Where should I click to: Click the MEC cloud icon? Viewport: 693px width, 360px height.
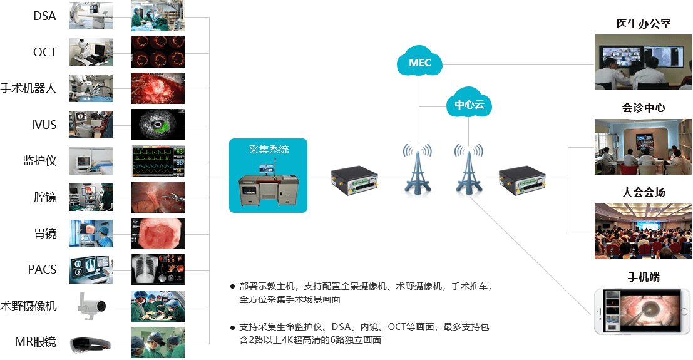[419, 63]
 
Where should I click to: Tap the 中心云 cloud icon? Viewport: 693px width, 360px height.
[469, 104]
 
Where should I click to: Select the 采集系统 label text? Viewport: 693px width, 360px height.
[269, 150]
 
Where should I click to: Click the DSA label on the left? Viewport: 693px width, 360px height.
[44, 16]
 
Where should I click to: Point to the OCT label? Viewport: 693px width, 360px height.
[44, 52]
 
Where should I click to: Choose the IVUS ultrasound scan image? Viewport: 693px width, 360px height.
[158, 125]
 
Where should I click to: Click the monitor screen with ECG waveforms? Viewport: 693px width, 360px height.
[158, 161]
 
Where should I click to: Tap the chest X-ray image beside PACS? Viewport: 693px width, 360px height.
[158, 270]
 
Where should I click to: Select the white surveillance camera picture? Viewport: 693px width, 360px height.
[91, 306]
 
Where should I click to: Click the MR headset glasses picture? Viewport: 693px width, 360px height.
[91, 344]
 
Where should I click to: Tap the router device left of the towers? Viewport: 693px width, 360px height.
[355, 180]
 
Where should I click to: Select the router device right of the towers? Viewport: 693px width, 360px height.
[523, 180]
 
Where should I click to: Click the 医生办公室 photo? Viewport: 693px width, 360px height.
[639, 63]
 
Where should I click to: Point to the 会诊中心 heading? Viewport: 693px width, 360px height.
[644, 108]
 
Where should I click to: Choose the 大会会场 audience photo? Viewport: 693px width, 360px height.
[639, 231]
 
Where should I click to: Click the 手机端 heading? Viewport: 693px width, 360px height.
[644, 277]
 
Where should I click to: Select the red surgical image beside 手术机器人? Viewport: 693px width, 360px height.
[158, 88]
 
